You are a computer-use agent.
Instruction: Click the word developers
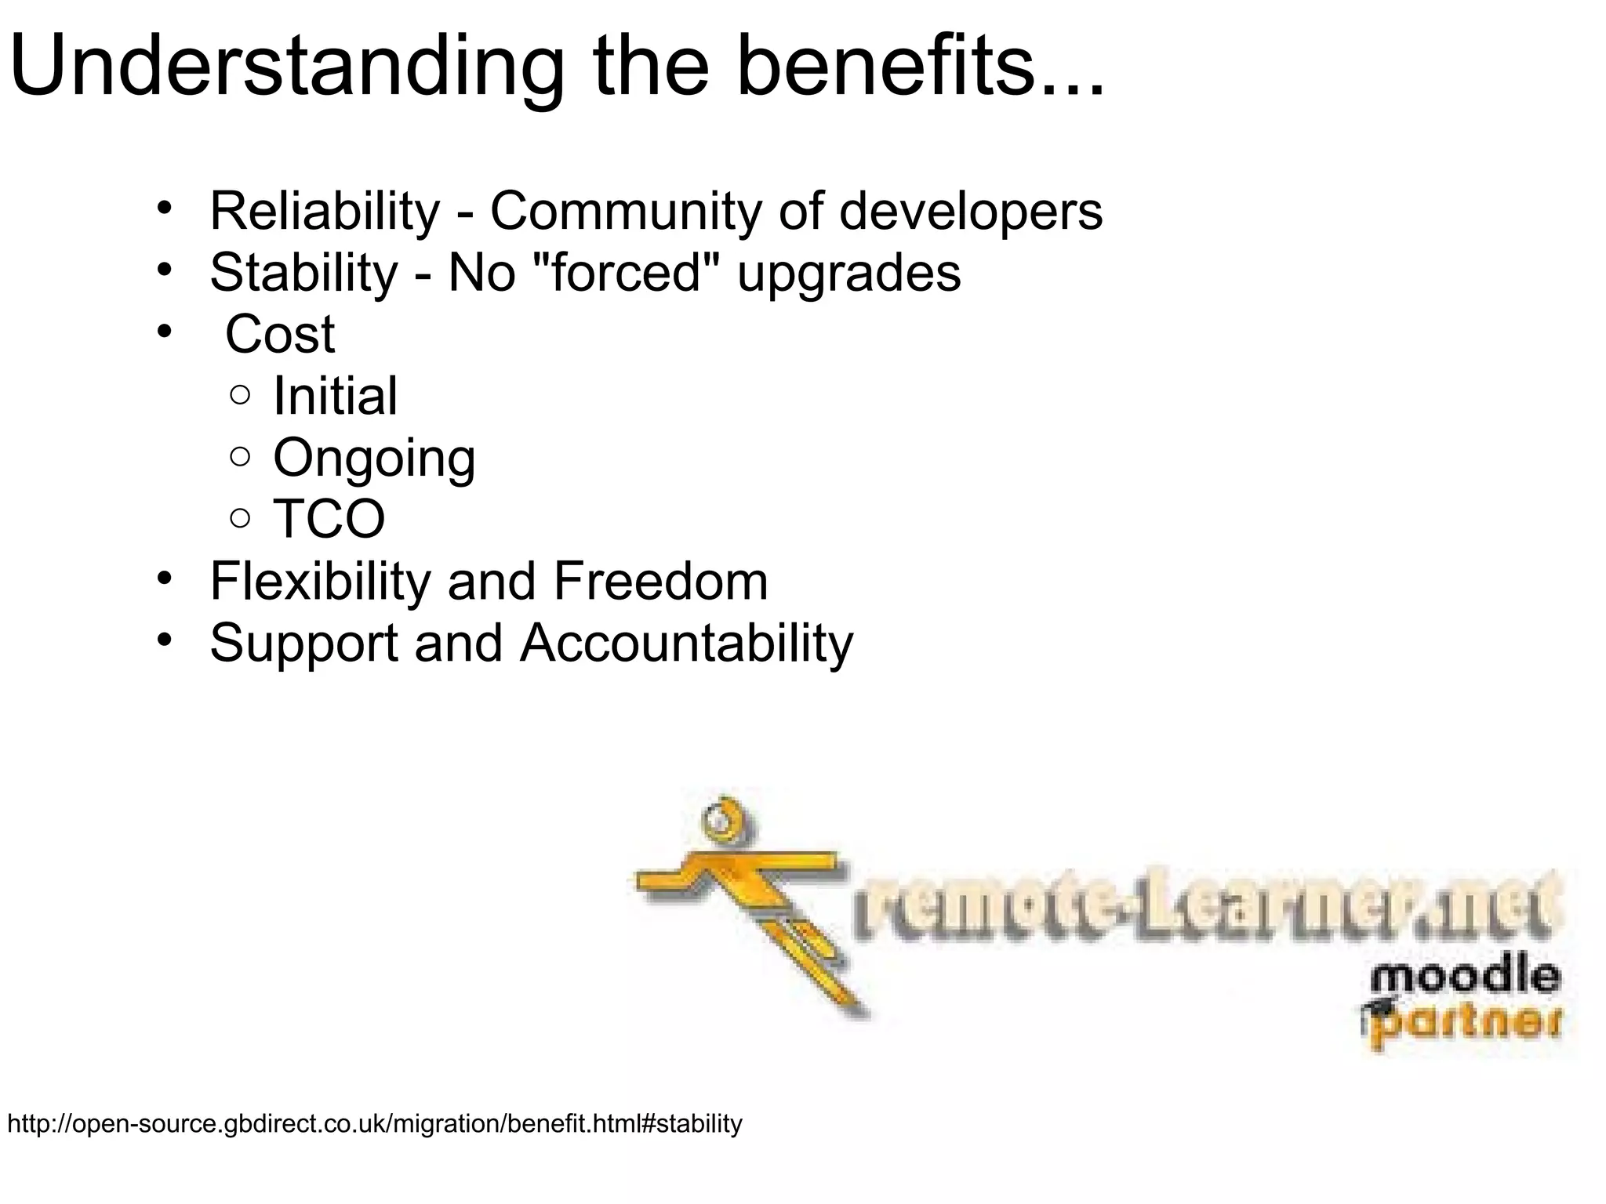[970, 212]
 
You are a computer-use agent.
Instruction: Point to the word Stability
[304, 272]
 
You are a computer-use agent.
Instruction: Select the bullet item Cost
[280, 334]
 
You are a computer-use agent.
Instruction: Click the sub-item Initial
[335, 395]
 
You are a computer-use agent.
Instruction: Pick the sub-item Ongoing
[374, 459]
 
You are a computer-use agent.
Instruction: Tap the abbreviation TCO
[329, 519]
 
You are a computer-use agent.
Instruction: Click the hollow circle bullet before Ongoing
[241, 456]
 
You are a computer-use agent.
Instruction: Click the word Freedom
[660, 581]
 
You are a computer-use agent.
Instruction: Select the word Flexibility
[321, 581]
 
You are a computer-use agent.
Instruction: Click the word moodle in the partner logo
[1465, 977]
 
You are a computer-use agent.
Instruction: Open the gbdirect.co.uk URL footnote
[374, 1124]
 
